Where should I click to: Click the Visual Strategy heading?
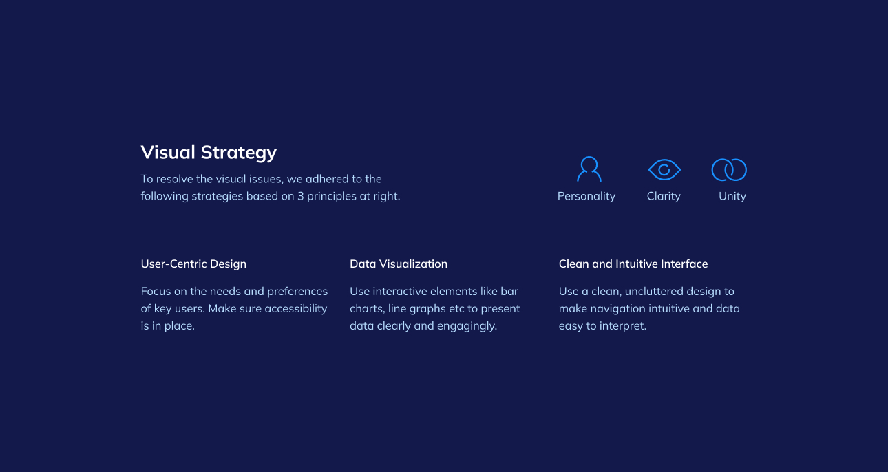pos(209,153)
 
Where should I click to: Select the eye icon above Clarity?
pos(664,170)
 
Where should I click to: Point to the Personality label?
pos(586,196)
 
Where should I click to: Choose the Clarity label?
pos(664,196)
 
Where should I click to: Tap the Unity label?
pos(732,196)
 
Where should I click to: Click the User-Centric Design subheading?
pos(193,264)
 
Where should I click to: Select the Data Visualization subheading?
pos(399,264)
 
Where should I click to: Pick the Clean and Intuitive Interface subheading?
pos(633,264)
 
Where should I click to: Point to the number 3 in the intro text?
pos(301,196)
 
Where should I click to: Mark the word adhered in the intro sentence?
pos(324,179)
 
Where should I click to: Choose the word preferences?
pos(297,292)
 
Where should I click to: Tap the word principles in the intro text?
pos(331,197)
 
